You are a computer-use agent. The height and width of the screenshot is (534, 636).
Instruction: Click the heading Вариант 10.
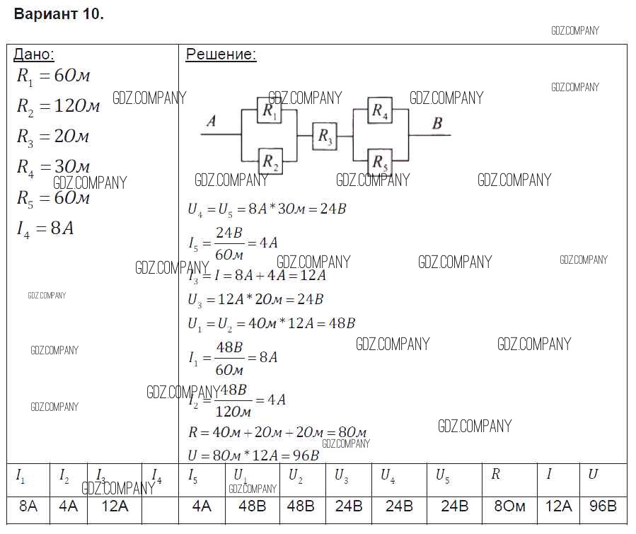coord(59,15)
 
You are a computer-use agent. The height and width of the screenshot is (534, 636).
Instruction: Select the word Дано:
coord(33,54)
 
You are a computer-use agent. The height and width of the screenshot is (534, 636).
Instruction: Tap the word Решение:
coord(221,54)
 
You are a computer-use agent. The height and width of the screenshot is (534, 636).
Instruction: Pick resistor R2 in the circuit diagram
coord(270,161)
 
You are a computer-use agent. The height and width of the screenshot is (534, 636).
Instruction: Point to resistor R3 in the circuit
coord(325,135)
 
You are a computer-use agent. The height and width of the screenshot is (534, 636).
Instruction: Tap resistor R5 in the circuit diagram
coord(380,161)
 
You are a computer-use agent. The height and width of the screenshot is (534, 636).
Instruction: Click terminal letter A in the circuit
coord(211,122)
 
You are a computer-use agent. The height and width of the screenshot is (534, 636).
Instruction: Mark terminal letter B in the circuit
coord(437,124)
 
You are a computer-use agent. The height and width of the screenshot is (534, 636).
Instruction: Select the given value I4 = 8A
coord(45,228)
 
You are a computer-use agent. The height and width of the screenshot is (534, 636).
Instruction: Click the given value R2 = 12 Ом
coord(58,106)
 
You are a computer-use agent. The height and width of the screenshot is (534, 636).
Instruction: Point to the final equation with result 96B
coord(253,455)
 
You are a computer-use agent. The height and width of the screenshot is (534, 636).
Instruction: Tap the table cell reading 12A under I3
coord(115,506)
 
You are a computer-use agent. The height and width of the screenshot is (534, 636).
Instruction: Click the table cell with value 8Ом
coord(509,506)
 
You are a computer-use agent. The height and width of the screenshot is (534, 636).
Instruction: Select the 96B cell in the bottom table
coord(603,506)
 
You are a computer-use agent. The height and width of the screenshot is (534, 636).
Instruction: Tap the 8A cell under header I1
coord(28,506)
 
